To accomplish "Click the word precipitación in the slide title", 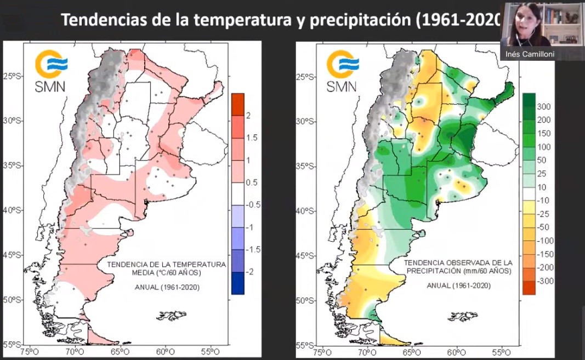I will point(361,20).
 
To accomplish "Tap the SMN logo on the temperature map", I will point(50,71).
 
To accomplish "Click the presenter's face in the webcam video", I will point(520,21).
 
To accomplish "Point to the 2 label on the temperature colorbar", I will point(248,116).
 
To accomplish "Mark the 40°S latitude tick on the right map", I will point(305,210).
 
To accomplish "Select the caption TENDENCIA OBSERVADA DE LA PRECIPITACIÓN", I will point(451,267).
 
